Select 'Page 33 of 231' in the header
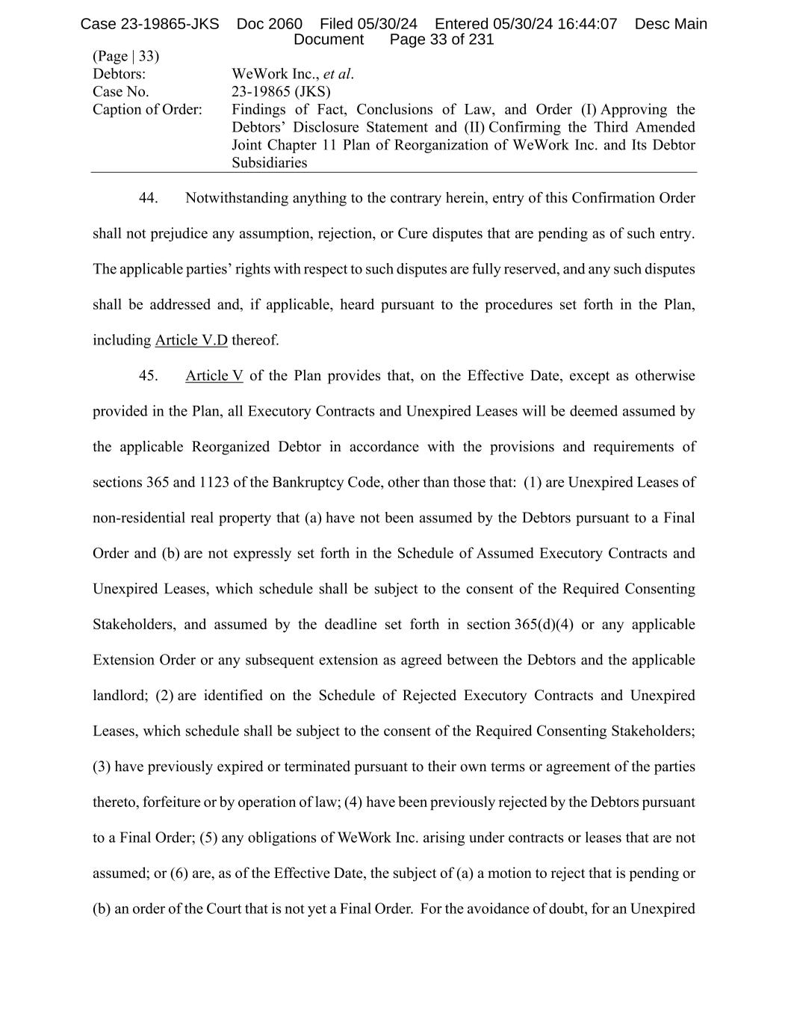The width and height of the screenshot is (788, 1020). click(x=441, y=40)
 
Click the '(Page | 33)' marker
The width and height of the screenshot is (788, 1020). click(x=125, y=56)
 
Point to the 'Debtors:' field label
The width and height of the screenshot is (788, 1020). click(x=119, y=74)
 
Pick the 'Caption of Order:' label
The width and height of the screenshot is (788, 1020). click(x=147, y=110)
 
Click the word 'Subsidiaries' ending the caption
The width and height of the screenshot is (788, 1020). click(x=269, y=163)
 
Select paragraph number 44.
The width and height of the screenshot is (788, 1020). click(x=148, y=198)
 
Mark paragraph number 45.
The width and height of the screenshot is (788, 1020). click(x=148, y=376)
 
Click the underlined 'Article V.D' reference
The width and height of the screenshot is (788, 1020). click(x=191, y=341)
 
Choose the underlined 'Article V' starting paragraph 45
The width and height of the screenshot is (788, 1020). click(x=214, y=376)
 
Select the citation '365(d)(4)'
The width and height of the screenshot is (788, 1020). click(x=544, y=625)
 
